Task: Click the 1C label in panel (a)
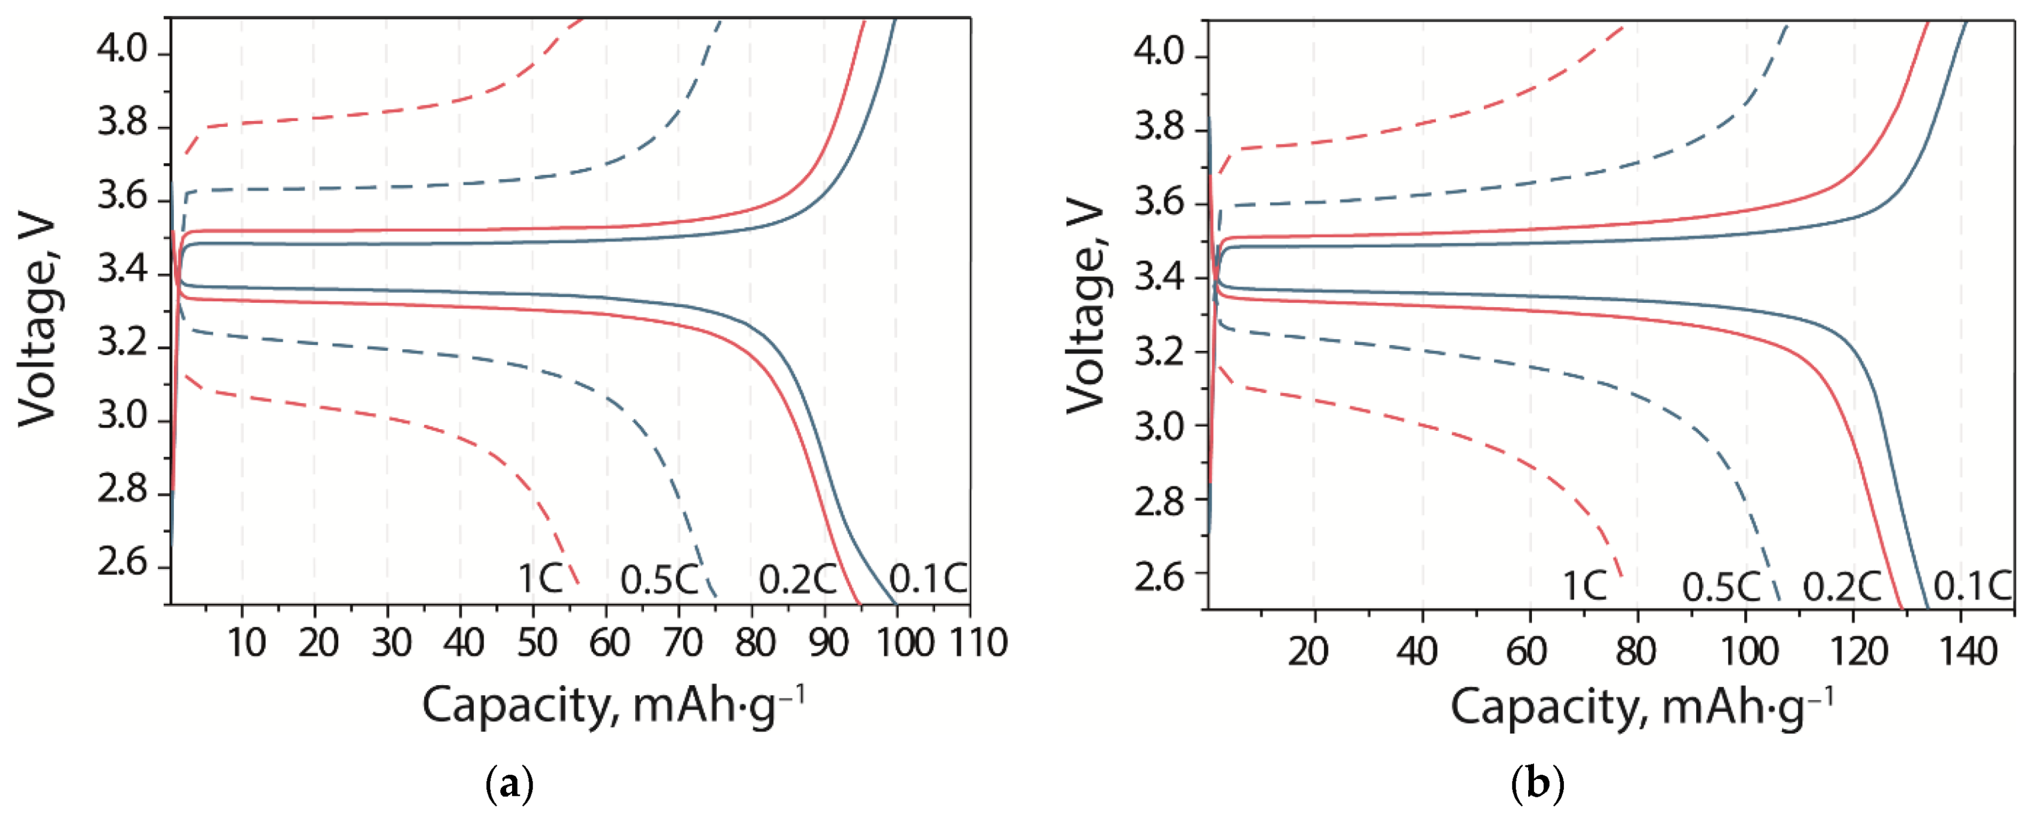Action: tap(540, 579)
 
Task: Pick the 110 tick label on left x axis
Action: tap(978, 642)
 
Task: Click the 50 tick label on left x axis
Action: tap(536, 642)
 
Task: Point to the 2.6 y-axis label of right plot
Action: tap(1159, 576)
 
